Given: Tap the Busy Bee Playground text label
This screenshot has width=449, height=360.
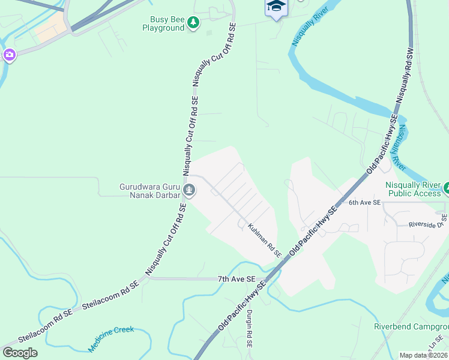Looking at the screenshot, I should click(x=163, y=23).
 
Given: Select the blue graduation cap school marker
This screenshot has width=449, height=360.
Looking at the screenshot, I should click(x=276, y=7).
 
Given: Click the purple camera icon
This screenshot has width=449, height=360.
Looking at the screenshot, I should click(x=9, y=56).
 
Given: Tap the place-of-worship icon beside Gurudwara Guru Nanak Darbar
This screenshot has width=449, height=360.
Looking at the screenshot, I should click(x=190, y=191).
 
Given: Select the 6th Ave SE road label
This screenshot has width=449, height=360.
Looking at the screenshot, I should click(x=364, y=203).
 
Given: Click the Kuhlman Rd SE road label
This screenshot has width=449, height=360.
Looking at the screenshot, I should click(x=265, y=241).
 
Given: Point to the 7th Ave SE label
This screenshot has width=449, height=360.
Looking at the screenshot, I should click(x=237, y=280).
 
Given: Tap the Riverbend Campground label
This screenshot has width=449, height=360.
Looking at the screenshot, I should click(x=411, y=326).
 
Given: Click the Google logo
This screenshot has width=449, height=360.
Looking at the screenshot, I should click(x=20, y=352).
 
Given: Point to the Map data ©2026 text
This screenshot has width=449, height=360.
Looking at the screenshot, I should click(x=423, y=355).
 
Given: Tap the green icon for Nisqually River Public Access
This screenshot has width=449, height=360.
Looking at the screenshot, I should click(x=446, y=189).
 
